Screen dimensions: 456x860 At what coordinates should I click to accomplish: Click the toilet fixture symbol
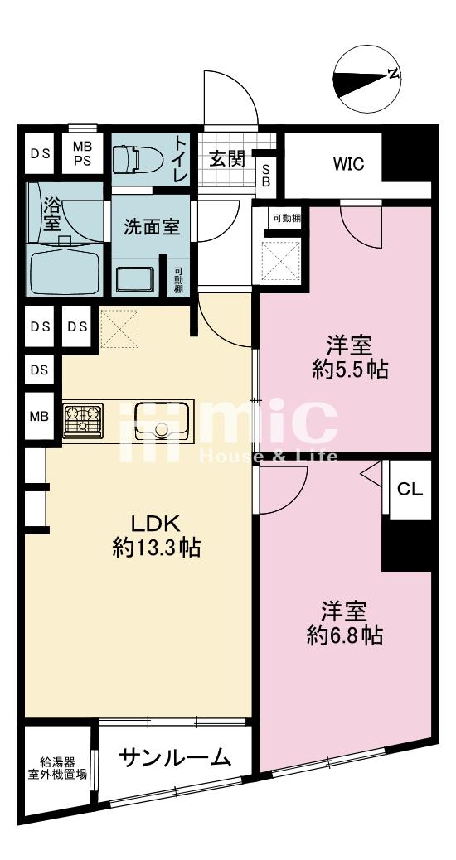[137, 160]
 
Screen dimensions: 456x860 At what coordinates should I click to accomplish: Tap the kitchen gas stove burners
[83, 421]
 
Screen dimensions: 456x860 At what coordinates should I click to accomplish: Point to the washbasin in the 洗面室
[135, 278]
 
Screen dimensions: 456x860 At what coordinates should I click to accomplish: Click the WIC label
[349, 164]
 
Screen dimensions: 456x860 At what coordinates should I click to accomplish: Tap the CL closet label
[410, 489]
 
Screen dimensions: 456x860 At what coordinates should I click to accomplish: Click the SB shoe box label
[266, 175]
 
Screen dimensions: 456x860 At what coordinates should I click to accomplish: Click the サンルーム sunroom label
[174, 758]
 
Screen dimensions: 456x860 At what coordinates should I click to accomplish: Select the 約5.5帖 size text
[350, 370]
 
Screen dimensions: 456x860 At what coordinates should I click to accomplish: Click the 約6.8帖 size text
[344, 635]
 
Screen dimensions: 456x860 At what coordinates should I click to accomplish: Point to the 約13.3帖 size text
[156, 548]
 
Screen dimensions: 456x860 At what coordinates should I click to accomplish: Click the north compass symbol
[367, 80]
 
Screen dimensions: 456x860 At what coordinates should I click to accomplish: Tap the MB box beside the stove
[40, 416]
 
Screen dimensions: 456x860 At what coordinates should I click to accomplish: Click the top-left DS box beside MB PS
[40, 153]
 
